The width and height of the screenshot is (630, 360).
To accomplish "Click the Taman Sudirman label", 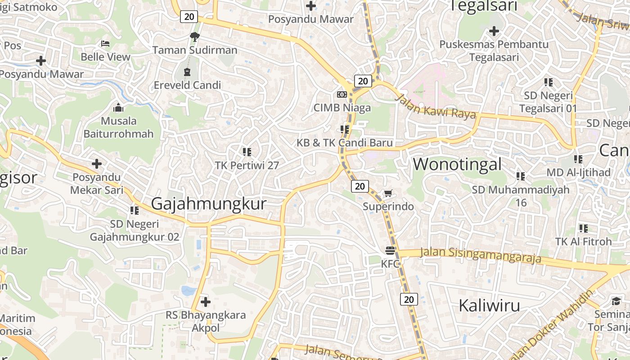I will coord(194,50).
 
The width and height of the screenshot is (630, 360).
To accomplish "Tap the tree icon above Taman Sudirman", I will coord(195,36).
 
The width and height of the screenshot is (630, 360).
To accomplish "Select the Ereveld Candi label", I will coord(187,85).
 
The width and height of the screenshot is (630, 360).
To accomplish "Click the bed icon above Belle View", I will coord(105,44).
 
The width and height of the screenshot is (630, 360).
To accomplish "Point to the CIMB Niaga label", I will coord(342,108).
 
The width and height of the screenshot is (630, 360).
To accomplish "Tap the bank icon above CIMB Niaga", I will coord(342,94).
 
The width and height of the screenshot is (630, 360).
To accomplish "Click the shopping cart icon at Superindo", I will coord(388,193).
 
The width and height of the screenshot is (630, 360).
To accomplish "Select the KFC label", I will coord(390,264).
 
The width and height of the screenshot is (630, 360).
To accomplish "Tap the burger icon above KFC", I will coord(390,251).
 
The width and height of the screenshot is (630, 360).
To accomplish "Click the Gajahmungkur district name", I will coord(209,204).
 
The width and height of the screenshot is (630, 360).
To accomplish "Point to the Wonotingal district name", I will coord(457,164).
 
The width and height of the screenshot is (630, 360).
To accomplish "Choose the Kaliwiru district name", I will coord(489,306).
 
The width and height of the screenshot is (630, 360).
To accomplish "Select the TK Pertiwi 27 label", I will coord(247,166).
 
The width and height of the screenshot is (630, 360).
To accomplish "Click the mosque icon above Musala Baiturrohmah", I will coord(118,108).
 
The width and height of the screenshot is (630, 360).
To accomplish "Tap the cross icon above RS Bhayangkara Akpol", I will coord(206,301).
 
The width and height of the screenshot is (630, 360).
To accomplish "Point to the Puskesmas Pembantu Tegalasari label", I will coord(494,51).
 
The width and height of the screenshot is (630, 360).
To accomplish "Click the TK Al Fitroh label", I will coord(583,242).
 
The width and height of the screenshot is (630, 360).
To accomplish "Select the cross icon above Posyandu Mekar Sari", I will coord(97,164).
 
